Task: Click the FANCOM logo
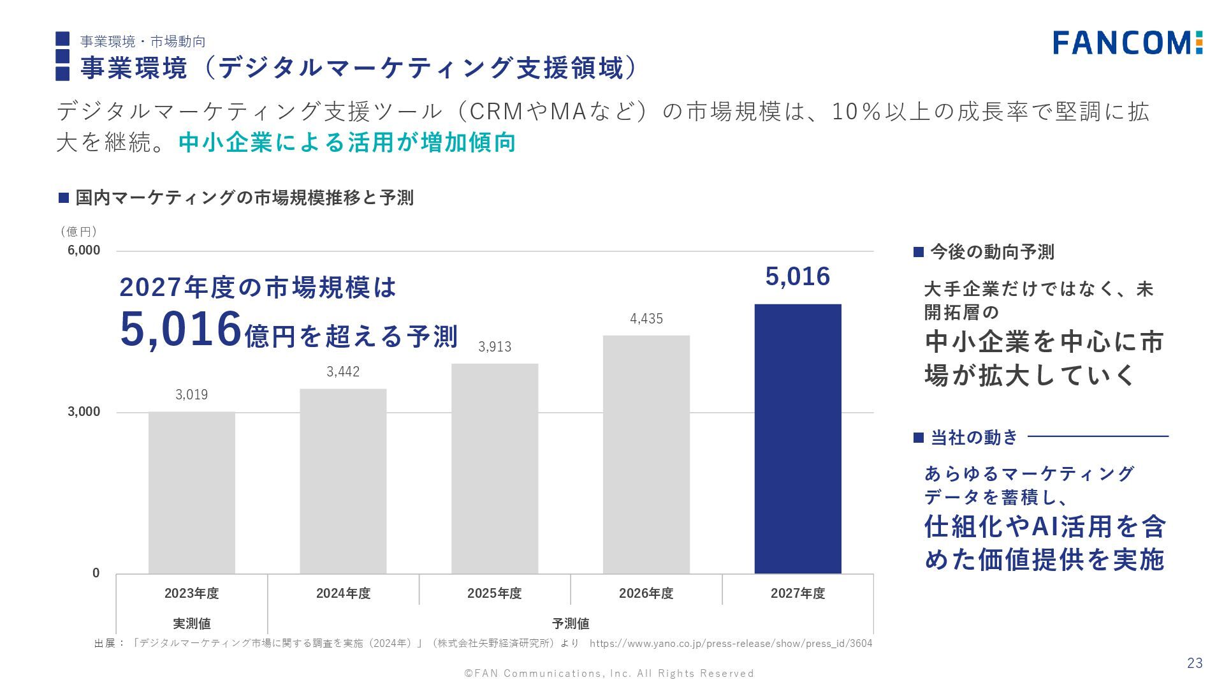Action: (x=1127, y=43)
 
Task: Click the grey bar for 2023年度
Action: (x=191, y=493)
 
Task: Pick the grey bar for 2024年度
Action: (x=343, y=481)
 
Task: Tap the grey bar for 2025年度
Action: (x=495, y=468)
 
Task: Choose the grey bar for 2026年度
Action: (x=646, y=454)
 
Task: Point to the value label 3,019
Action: (x=191, y=395)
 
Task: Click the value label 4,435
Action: (x=646, y=319)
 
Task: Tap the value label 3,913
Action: (x=495, y=347)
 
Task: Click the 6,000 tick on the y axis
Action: (x=84, y=250)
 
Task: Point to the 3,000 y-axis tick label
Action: (x=84, y=411)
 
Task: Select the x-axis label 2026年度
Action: (x=646, y=593)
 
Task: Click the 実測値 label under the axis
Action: (x=191, y=623)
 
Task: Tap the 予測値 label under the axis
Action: (x=570, y=623)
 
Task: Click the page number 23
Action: (x=1194, y=663)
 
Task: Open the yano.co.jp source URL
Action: (x=731, y=644)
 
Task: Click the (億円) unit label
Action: (x=78, y=232)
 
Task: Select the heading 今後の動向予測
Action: (x=992, y=252)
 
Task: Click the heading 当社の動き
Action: (x=974, y=438)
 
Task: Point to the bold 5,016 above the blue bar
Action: (x=798, y=277)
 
